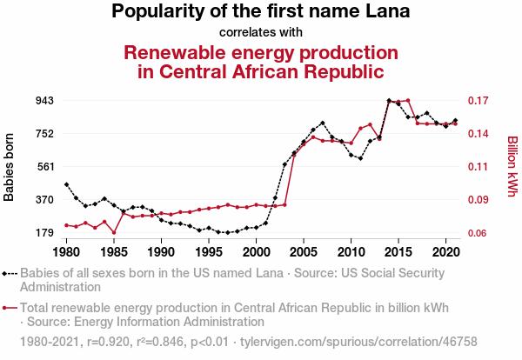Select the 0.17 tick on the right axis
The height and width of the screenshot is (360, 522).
[480, 100]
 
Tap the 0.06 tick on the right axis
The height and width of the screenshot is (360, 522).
[480, 233]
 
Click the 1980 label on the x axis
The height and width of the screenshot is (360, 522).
[66, 252]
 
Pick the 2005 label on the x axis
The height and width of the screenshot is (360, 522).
[303, 252]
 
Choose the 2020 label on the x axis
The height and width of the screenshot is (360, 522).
[445, 252]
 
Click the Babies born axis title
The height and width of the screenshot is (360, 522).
[10, 167]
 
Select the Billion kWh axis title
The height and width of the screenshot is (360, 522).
[512, 167]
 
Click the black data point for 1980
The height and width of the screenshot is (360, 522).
[66, 184]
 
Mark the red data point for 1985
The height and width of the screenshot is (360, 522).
[114, 232]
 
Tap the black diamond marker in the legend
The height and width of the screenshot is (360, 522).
[10, 273]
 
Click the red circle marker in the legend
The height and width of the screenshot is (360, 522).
[10, 307]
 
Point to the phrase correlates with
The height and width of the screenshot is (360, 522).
[261, 32]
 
